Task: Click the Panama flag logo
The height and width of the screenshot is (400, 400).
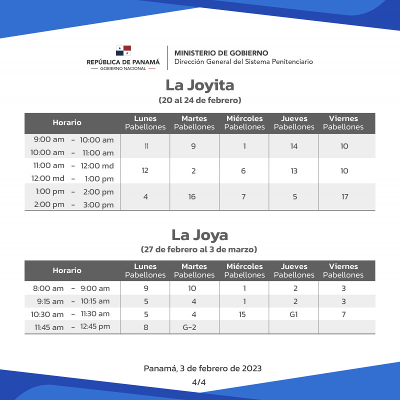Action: (123, 50)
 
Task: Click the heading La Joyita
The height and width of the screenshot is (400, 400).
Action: (199, 85)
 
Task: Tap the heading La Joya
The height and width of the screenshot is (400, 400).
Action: (199, 234)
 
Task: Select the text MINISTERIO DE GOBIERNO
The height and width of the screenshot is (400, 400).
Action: (221, 53)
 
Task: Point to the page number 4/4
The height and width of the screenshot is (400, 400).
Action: (199, 381)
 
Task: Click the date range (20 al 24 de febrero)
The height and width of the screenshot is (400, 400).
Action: (199, 100)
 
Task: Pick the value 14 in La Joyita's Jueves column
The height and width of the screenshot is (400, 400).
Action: (294, 146)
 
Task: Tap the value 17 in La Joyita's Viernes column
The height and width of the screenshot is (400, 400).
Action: (344, 197)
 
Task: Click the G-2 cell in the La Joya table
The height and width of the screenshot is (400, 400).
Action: (194, 327)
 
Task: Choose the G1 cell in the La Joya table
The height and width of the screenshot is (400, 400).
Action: (294, 314)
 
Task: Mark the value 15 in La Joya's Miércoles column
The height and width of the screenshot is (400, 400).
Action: (243, 314)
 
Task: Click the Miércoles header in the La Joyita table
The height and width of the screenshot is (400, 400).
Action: (244, 119)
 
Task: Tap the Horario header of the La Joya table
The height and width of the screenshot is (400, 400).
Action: (67, 270)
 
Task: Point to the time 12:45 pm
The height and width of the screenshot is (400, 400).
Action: (96, 327)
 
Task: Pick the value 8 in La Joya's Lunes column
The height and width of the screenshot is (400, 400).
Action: (145, 327)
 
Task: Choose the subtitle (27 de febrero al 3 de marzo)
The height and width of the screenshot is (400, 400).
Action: (199, 249)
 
